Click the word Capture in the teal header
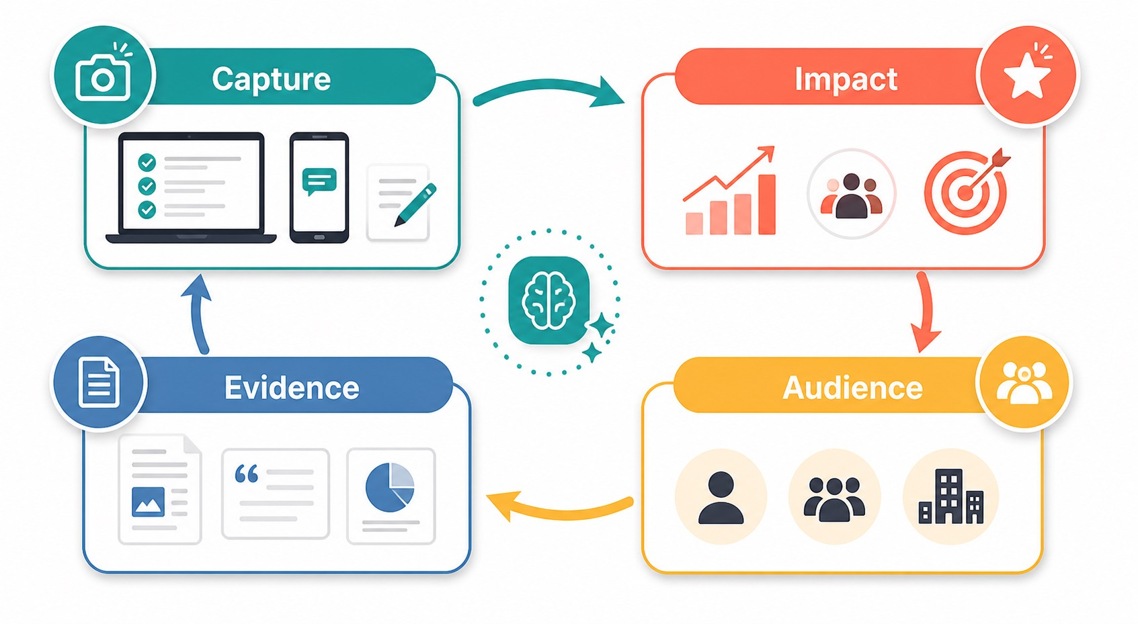click(x=272, y=79)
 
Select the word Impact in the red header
click(x=846, y=79)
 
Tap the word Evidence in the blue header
click(x=292, y=388)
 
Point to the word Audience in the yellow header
click(x=852, y=388)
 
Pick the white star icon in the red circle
click(x=1026, y=75)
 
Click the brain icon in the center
click(x=548, y=300)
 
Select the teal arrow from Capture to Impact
click(x=548, y=87)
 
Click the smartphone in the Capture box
click(x=319, y=187)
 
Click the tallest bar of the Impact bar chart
click(x=767, y=204)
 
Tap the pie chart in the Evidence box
click(x=390, y=487)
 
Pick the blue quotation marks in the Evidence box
click(x=247, y=473)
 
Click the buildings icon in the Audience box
click(x=951, y=496)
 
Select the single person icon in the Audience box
click(x=721, y=498)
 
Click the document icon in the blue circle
click(x=99, y=382)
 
